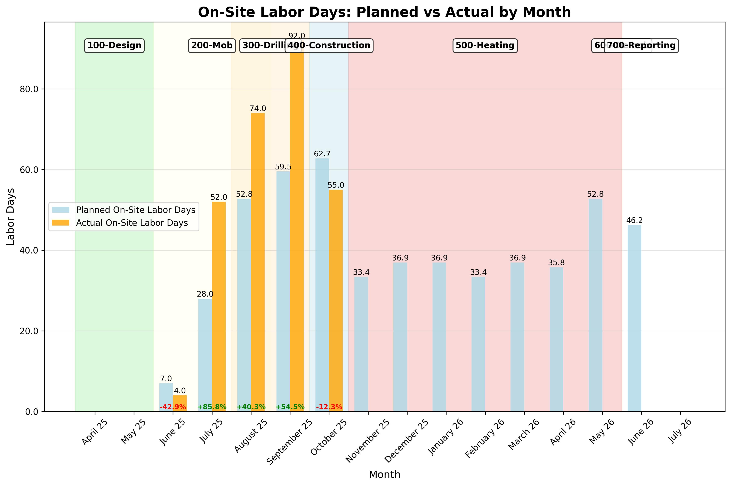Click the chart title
[x=384, y=12]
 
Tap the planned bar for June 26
[x=634, y=318]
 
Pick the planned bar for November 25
[x=361, y=344]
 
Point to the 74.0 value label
[x=258, y=109]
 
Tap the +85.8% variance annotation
[x=212, y=407]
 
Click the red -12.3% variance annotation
[x=329, y=407]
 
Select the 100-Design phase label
[x=114, y=46]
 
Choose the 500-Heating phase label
[x=485, y=46]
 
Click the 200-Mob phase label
[x=211, y=46]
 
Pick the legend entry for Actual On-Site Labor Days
[x=132, y=223]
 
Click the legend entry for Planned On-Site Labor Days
[x=136, y=210]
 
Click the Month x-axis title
[x=384, y=475]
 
